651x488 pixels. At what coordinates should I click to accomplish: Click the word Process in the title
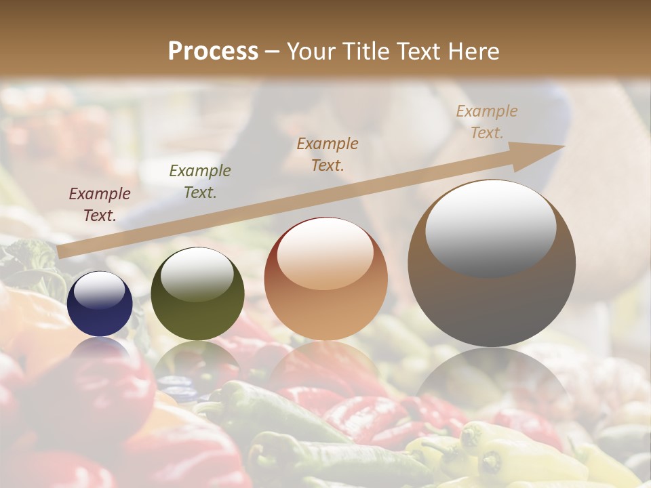tap(213, 52)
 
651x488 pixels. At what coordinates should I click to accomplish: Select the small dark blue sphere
tap(100, 304)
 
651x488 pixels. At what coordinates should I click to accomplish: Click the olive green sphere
tap(197, 294)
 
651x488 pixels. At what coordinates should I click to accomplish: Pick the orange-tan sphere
tap(326, 279)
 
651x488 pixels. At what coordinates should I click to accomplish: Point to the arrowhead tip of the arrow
tap(564, 146)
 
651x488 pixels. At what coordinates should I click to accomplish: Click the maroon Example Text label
tap(100, 205)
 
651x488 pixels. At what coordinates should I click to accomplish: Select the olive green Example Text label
tap(200, 182)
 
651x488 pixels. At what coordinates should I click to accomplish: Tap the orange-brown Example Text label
tap(328, 155)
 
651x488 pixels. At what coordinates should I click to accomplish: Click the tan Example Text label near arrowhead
tap(487, 122)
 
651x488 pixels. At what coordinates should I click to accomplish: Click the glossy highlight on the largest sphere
tap(491, 227)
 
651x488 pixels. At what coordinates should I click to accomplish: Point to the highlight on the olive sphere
tap(197, 274)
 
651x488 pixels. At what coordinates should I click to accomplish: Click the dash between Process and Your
tap(273, 52)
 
